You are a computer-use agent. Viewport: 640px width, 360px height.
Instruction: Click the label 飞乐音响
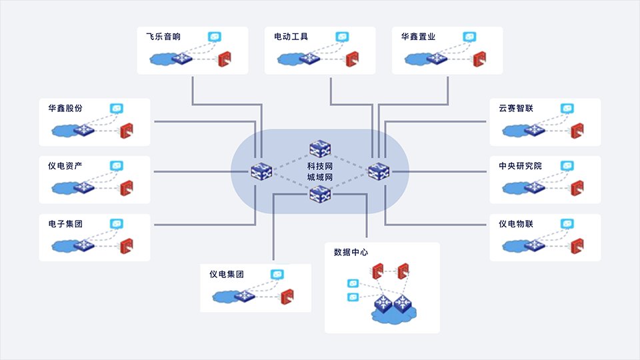163,37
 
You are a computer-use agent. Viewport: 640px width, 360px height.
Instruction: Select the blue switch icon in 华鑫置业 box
437,59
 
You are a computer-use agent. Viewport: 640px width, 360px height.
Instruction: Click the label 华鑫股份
65,108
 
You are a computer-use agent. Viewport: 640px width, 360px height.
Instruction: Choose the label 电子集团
65,223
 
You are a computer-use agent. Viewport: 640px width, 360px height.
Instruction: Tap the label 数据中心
351,253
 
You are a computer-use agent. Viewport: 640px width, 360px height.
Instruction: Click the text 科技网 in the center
319,165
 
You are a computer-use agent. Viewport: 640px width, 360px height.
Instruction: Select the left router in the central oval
260,171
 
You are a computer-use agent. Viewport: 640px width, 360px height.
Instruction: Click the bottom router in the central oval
319,194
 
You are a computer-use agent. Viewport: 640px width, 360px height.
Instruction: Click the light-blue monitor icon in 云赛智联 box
567,108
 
